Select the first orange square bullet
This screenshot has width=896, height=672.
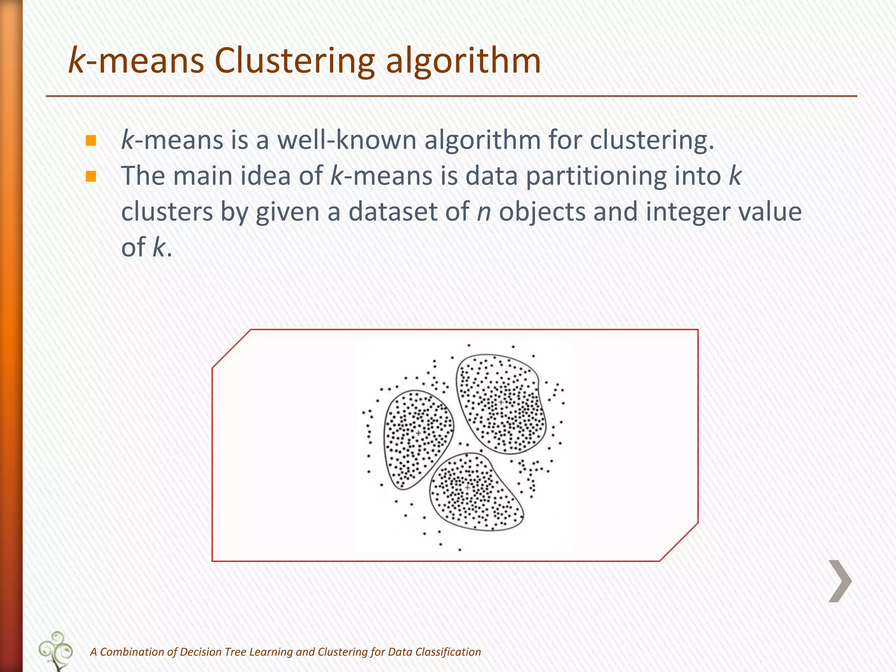click(91, 140)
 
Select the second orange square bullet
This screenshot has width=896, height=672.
click(91, 176)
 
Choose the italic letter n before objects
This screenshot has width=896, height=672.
click(484, 212)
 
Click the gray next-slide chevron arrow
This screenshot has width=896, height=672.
click(840, 581)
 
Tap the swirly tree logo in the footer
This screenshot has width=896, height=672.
click(56, 650)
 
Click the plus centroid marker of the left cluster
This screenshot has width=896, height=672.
click(418, 433)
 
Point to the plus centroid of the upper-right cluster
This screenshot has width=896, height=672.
click(501, 402)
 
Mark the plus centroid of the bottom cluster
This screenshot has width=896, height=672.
click(467, 487)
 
